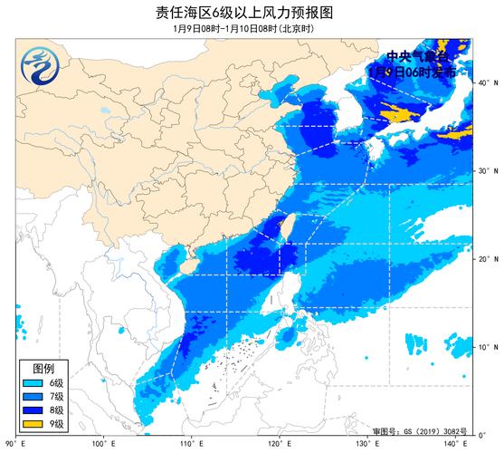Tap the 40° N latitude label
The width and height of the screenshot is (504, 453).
point(486,82)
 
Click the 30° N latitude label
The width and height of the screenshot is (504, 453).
point(486,171)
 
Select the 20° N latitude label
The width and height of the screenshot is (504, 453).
point(486,259)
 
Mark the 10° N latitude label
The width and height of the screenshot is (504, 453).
point(486,347)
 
